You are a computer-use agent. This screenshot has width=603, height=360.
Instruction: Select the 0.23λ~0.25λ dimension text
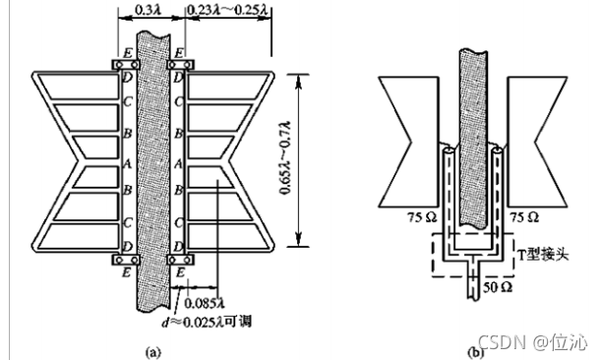pos(227,9)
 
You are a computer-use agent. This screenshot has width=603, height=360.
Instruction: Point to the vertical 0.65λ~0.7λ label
pos(285,158)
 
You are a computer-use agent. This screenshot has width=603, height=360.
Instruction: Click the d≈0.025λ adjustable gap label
pos(207,321)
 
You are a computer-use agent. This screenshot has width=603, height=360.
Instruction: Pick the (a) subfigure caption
pos(152,352)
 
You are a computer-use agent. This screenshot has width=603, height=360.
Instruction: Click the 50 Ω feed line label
pos(497,287)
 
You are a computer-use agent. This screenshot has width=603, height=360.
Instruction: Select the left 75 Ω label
pos(422,217)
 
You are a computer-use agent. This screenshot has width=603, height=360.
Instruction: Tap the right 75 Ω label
pos(524,217)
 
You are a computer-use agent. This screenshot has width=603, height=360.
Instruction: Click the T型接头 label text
pos(543,254)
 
